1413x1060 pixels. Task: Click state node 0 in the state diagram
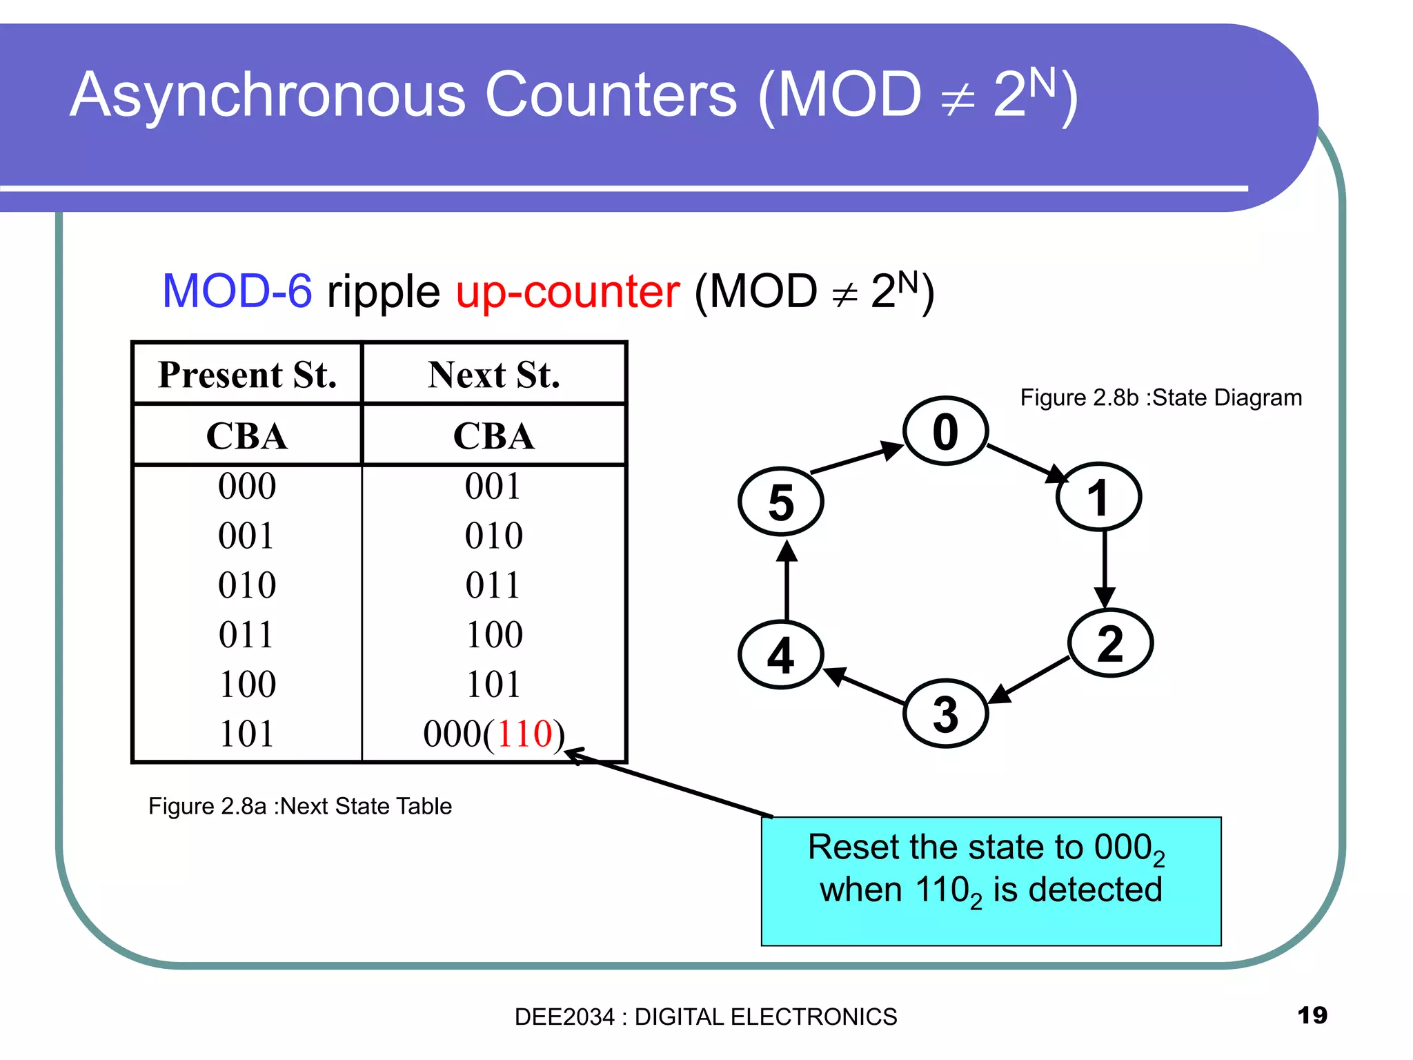pos(945,431)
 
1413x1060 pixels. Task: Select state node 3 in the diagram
pos(945,714)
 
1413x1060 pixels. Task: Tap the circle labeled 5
pos(780,502)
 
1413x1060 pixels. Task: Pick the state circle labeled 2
pos(1109,643)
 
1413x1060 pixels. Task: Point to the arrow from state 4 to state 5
pos(787,581)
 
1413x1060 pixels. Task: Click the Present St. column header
pos(247,375)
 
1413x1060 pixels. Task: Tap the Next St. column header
pos(493,375)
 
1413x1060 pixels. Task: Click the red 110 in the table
pos(524,734)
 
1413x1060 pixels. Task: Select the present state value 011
pos(246,634)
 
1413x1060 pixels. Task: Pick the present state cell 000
pos(246,486)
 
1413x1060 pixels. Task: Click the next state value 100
pos(494,634)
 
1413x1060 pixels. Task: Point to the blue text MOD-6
pos(237,291)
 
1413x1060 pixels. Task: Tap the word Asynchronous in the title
pos(268,95)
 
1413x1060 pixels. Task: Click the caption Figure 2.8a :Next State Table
pos(299,806)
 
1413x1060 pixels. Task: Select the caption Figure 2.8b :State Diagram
pos(1160,398)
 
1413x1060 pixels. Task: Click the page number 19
pos(1312,1015)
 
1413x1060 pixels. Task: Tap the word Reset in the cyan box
pos(853,847)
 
